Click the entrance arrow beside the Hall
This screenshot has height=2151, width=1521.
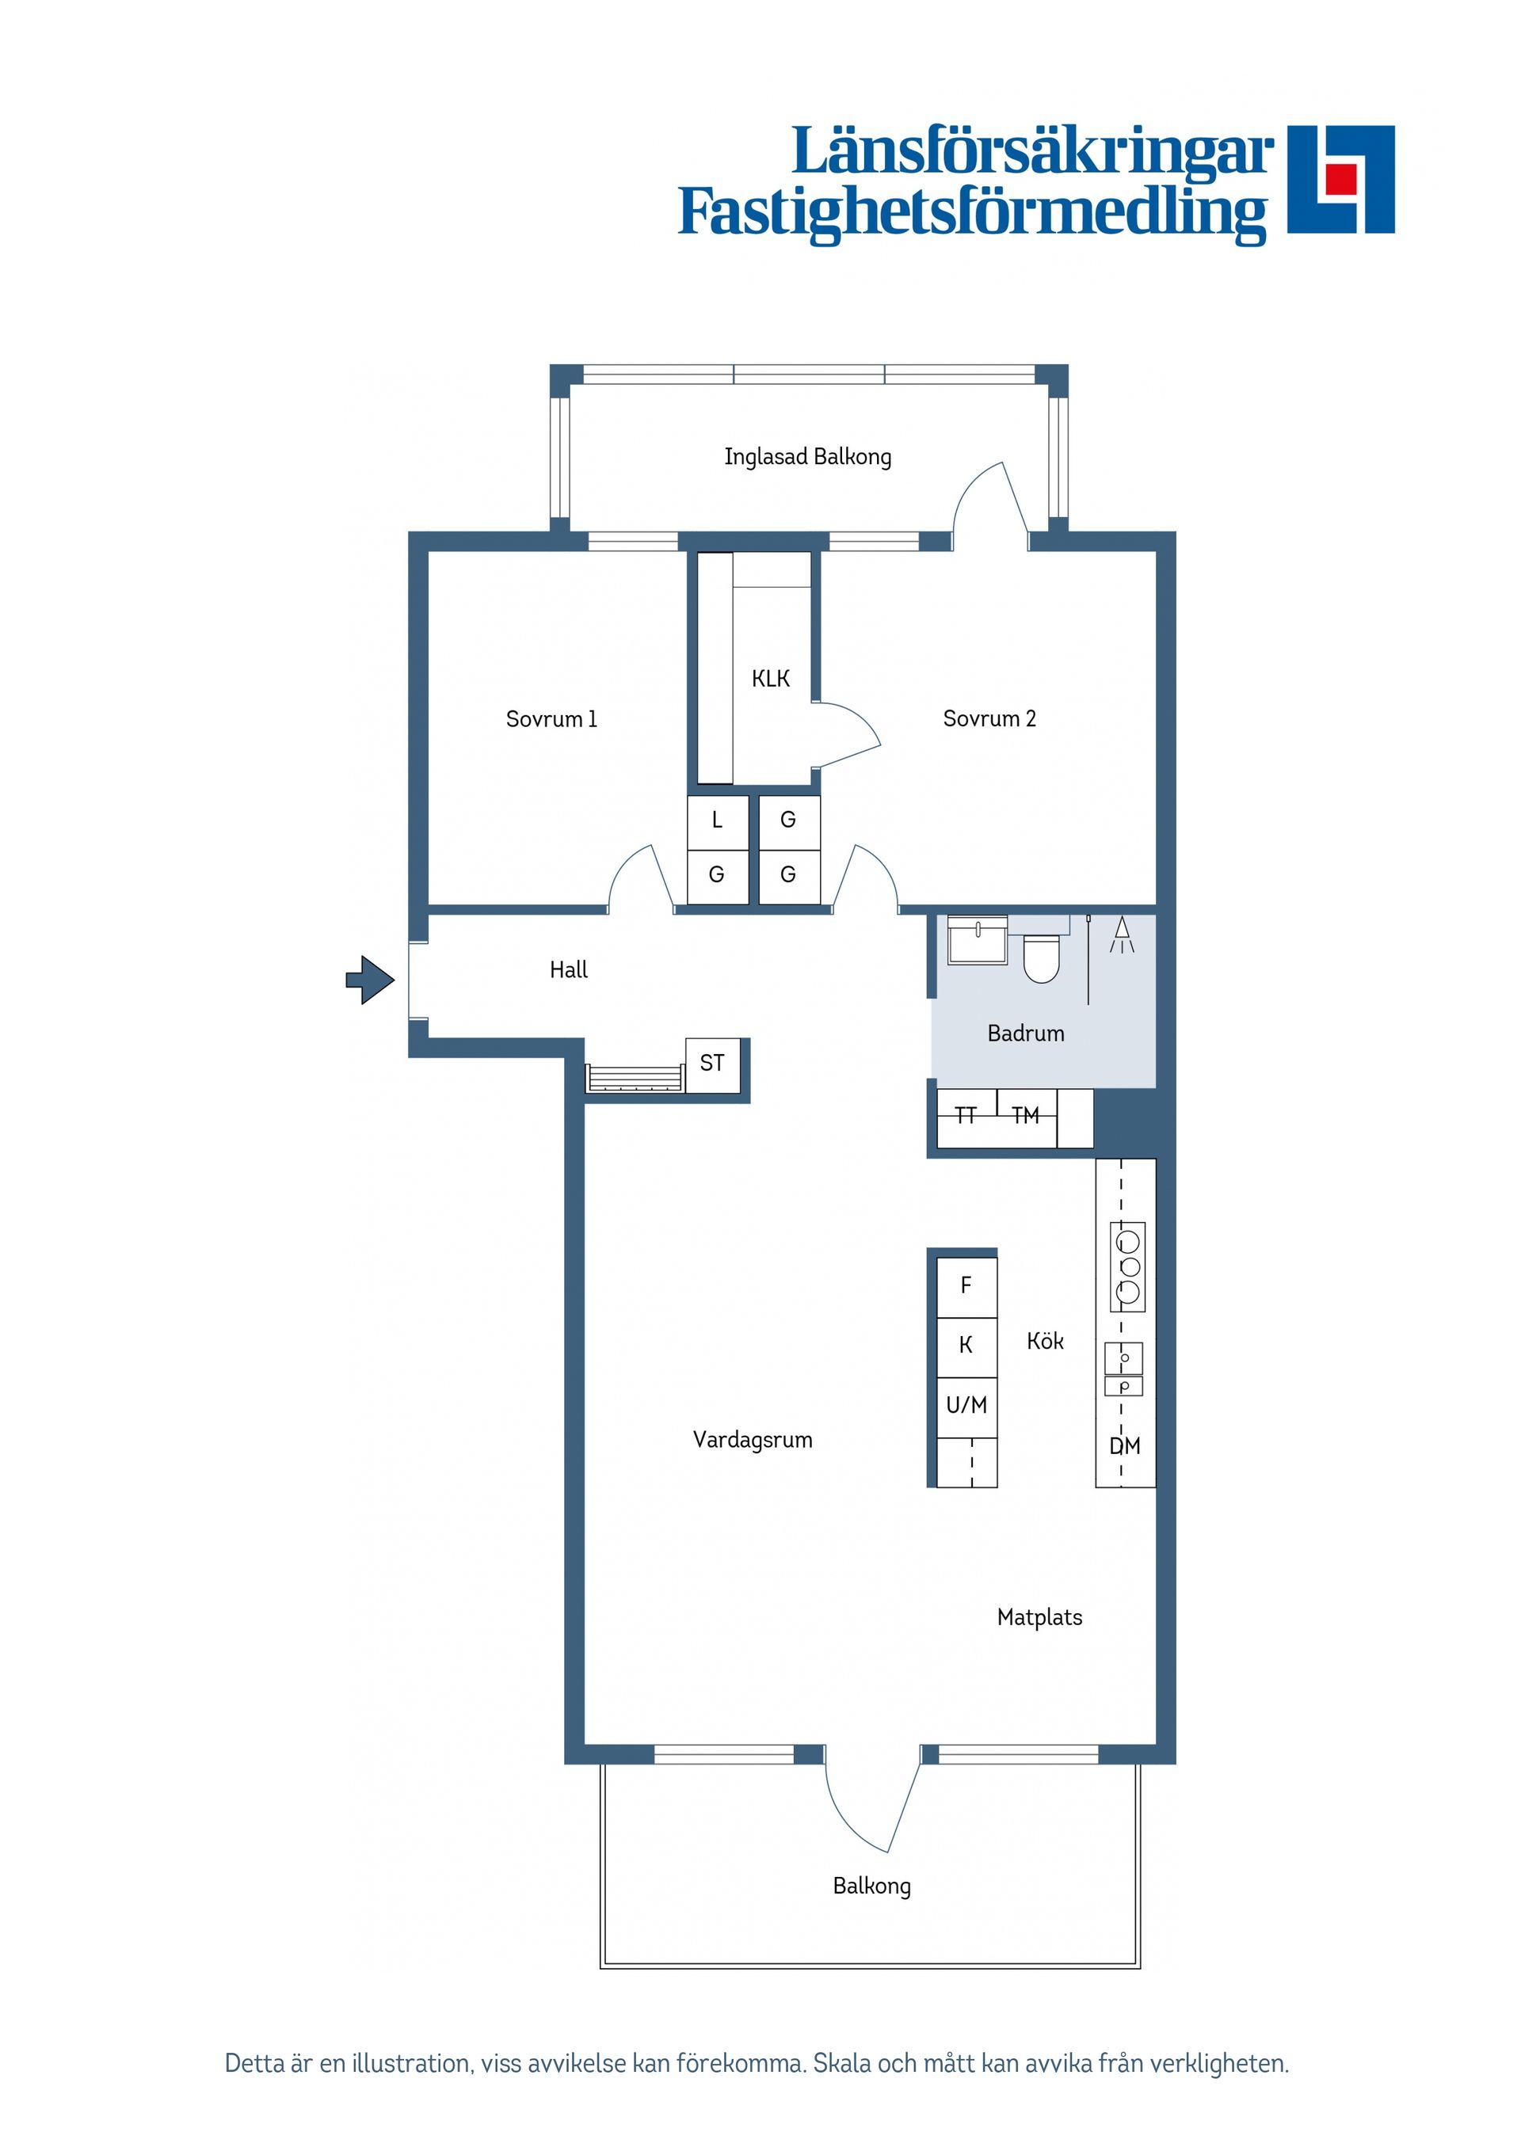coord(371,980)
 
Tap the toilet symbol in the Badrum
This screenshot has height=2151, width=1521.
coord(1040,958)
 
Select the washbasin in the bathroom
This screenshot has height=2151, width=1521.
coord(978,939)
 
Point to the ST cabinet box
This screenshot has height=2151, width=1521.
coord(712,1064)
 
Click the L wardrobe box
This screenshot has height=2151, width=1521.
coord(717,821)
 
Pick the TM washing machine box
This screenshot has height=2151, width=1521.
coord(1026,1116)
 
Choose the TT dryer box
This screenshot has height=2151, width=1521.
coord(966,1116)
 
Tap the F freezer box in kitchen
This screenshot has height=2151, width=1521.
coord(966,1286)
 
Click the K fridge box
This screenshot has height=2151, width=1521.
coord(966,1346)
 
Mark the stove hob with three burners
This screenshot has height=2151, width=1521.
coord(1128,1266)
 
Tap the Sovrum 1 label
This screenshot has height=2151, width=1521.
coord(551,719)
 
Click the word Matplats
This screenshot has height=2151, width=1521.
coord(1039,1617)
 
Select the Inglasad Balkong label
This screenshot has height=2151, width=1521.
coord(807,457)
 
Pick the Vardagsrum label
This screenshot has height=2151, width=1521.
coord(753,1440)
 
